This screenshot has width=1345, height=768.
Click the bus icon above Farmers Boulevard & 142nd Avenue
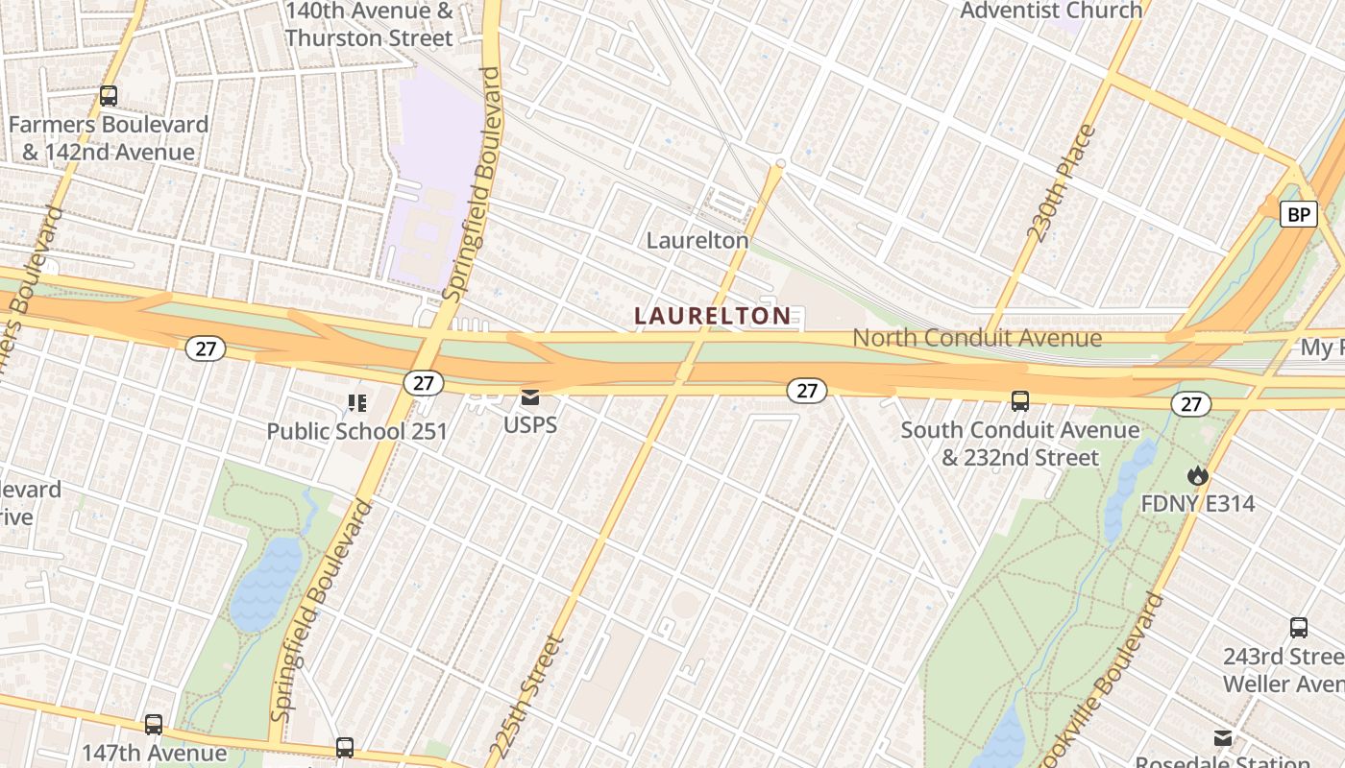(109, 96)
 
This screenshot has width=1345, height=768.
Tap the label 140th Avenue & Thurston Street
(369, 25)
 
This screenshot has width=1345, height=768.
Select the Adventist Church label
(1051, 11)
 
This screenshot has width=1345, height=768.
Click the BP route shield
(1298, 214)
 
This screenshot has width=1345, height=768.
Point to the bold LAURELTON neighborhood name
(713, 315)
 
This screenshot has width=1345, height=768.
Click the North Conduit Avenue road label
(977, 338)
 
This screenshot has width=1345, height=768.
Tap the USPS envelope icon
(530, 397)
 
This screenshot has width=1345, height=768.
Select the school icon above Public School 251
(357, 403)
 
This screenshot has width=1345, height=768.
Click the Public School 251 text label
(357, 431)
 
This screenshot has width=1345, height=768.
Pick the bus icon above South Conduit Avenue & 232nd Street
(1020, 400)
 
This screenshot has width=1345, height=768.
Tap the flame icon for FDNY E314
(1197, 475)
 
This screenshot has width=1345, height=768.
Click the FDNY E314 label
(1197, 503)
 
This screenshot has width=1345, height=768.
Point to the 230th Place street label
(1061, 183)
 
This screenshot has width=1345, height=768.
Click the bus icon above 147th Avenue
(154, 725)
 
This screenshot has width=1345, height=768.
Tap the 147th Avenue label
(154, 753)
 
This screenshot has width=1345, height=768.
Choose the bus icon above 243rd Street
(1299, 629)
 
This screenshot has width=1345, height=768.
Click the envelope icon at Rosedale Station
(1223, 738)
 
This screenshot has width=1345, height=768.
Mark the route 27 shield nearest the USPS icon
(423, 383)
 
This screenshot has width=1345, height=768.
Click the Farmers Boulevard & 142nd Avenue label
(109, 138)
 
